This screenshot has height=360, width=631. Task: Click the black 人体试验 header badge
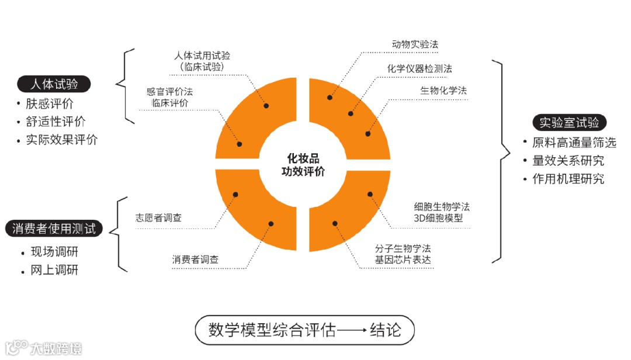tap(54, 84)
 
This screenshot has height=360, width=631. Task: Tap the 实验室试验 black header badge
tap(569, 123)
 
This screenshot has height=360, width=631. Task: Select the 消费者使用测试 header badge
tap(54, 229)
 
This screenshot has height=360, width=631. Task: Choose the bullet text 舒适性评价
tap(56, 122)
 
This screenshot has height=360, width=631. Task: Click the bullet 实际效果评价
tap(61, 140)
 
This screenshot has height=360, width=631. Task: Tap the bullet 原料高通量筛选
tap(574, 143)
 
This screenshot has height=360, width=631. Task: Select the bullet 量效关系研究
tap(568, 161)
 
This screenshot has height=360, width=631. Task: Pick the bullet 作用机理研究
tap(568, 179)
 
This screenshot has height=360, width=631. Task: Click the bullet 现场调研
tap(54, 252)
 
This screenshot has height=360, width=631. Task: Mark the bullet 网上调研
tap(54, 270)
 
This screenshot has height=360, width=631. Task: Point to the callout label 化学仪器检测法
tap(419, 68)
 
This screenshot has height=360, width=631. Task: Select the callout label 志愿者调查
tap(158, 217)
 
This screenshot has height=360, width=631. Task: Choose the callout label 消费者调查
tap(195, 259)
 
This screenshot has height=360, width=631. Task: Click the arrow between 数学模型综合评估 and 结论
tap(352, 331)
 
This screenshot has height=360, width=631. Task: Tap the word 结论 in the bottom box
tap(386, 330)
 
